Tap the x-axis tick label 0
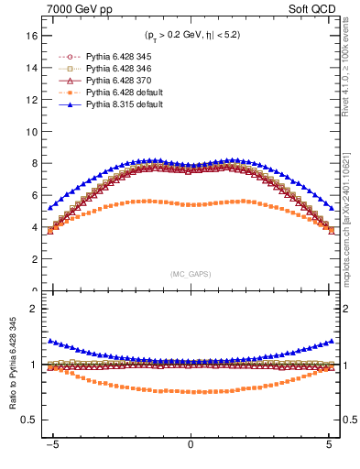(x=190, y=446)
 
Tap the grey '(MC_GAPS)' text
(x=190, y=274)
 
